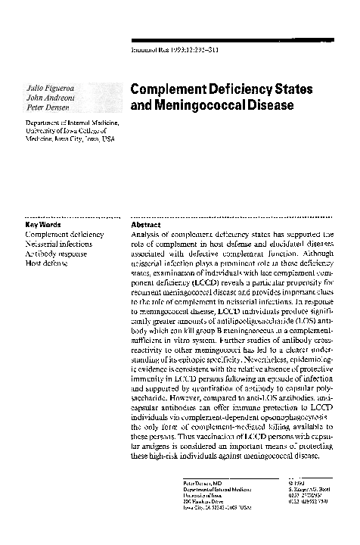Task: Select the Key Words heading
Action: (42, 225)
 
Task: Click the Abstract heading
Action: (145, 225)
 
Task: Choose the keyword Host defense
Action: (48, 263)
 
